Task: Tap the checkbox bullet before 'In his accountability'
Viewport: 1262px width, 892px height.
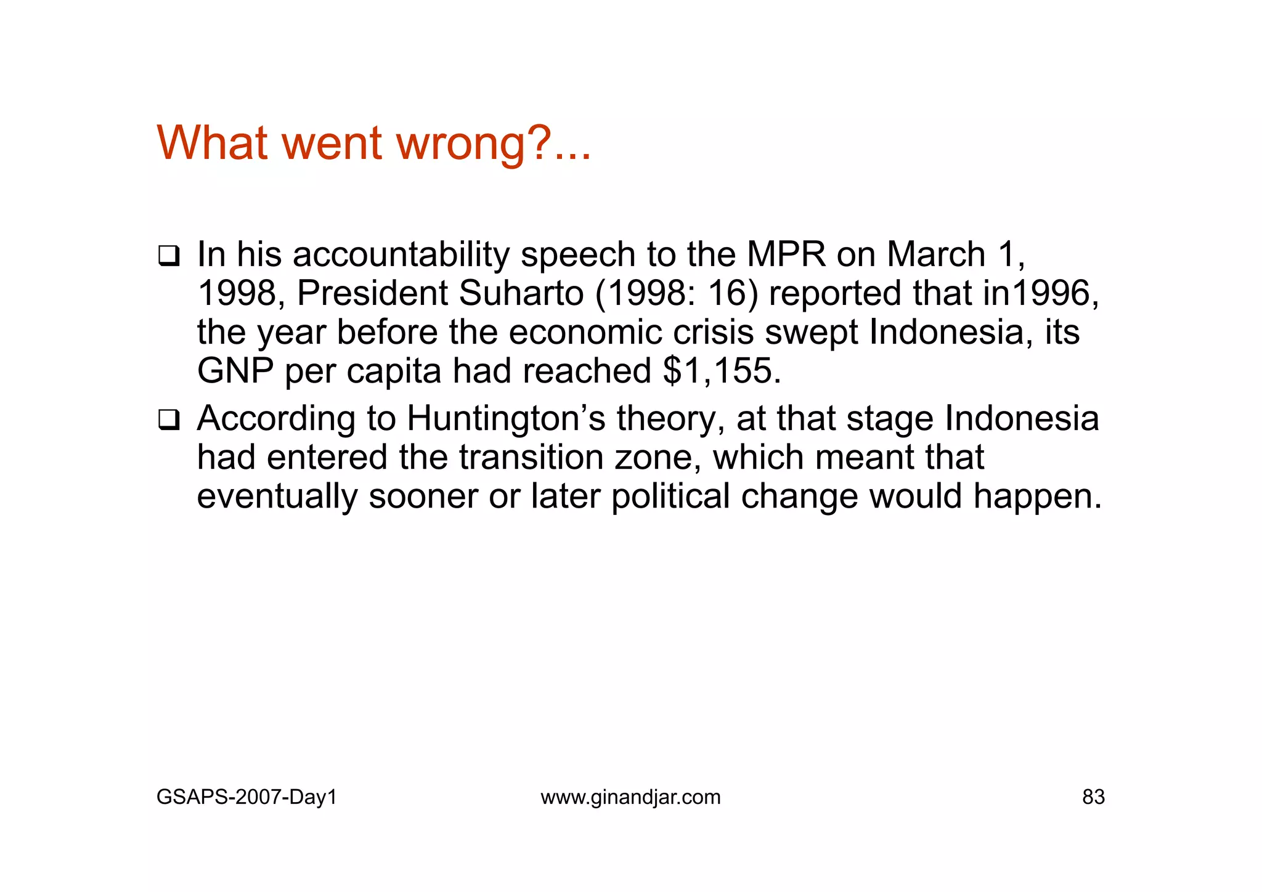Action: click(168, 256)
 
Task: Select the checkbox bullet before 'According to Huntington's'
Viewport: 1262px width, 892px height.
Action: click(168, 420)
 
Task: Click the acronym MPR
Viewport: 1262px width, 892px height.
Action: click(786, 254)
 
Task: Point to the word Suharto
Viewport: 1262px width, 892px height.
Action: click(521, 293)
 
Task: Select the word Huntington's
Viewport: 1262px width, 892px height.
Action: click(507, 418)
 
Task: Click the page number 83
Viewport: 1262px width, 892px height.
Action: click(1093, 797)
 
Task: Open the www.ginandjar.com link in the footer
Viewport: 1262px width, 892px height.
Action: click(630, 797)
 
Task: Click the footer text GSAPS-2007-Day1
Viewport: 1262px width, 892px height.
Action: click(246, 797)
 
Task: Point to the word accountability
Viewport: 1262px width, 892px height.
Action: click(401, 255)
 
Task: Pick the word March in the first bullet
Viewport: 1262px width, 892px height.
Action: click(936, 254)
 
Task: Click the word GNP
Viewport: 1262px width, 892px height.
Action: click(235, 371)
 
